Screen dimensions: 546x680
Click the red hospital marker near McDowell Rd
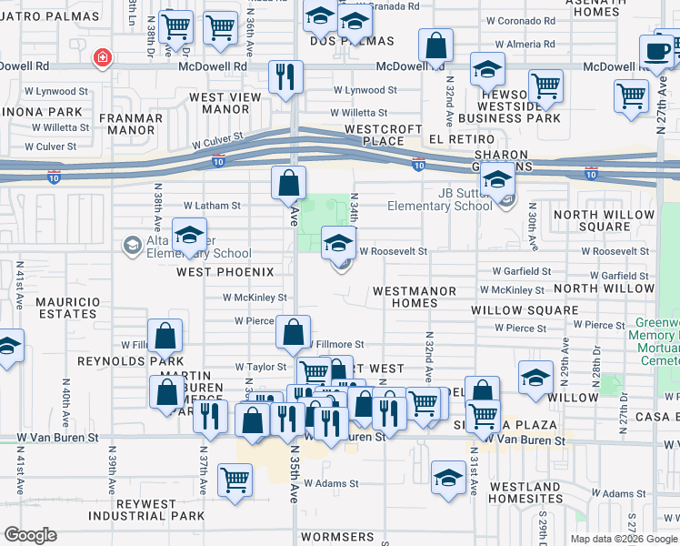pos(103,59)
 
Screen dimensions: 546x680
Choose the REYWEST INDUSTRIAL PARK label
pos(149,510)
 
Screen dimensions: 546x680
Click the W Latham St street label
pos(212,206)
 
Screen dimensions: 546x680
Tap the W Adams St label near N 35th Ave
pos(331,484)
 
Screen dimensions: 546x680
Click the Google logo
pos(30,535)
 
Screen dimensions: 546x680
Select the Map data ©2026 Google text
pos(623,539)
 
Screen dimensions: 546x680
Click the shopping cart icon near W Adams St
pos(235,479)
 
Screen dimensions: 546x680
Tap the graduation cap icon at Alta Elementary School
pos(189,235)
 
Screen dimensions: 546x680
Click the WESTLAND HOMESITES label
pos(525,492)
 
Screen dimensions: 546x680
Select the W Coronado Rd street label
pos(522,21)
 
